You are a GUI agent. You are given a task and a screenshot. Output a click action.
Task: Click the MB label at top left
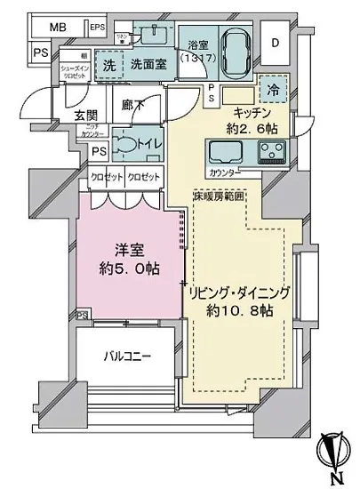[57, 28]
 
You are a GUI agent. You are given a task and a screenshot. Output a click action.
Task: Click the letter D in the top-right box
[275, 43]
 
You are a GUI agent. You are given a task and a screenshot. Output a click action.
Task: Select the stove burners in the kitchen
[269, 151]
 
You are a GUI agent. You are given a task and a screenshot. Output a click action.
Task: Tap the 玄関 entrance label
[61, 115]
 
